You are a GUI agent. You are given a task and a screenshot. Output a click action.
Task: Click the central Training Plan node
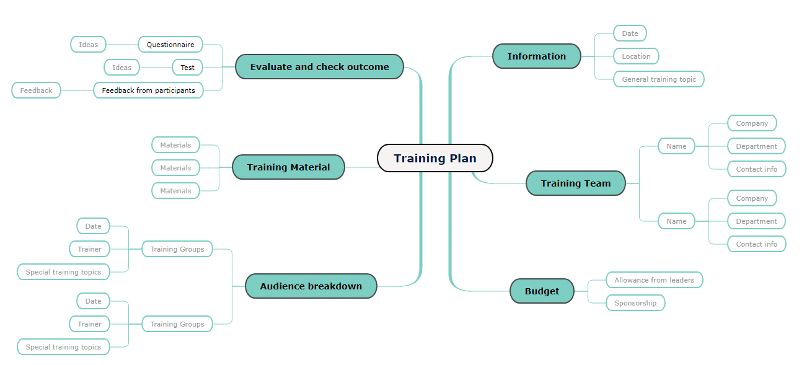[x=435, y=158]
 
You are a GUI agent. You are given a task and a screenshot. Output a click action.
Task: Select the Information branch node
[x=537, y=56]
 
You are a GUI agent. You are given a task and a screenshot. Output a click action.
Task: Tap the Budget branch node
[x=542, y=291]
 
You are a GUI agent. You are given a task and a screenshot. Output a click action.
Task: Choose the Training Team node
[x=576, y=183]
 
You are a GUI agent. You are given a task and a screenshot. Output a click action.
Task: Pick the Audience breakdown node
[x=311, y=286]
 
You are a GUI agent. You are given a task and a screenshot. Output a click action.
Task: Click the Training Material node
[x=289, y=167]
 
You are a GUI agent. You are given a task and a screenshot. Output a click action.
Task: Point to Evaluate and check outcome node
[x=319, y=67]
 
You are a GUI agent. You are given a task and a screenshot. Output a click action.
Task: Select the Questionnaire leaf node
[x=170, y=45]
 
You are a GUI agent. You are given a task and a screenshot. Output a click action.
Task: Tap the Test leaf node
[x=187, y=68]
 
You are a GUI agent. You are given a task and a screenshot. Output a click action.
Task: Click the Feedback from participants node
[x=148, y=90]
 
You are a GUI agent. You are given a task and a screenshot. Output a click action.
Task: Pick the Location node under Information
[x=636, y=56]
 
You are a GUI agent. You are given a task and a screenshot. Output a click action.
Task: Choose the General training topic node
[x=659, y=79]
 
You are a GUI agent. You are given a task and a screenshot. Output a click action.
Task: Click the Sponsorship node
[x=635, y=303]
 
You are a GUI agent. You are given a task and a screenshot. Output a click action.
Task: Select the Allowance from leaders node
[x=655, y=280]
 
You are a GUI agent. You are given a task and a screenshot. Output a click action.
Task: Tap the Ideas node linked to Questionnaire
[x=89, y=45]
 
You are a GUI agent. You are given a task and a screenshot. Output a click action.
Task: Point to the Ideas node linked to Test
[x=121, y=68]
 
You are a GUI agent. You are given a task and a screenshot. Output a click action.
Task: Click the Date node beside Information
[x=630, y=33]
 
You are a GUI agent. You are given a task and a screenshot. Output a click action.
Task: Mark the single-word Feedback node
[x=36, y=90]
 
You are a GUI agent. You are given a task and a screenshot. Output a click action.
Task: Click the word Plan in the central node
[x=463, y=159]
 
